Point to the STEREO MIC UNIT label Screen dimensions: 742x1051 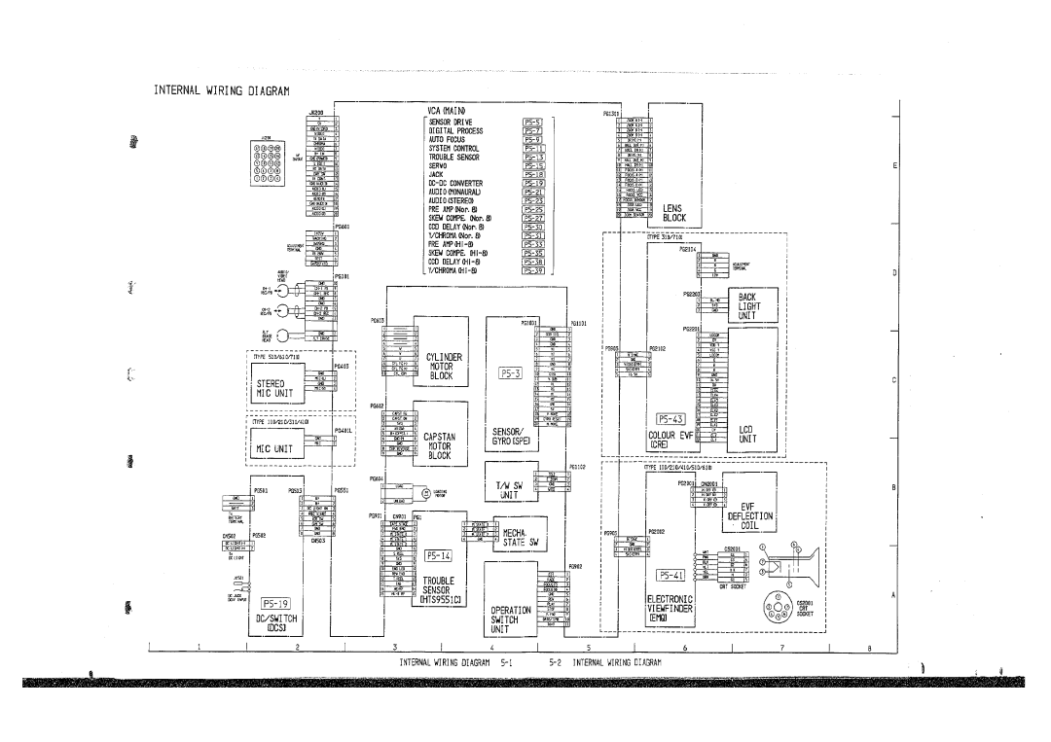pos(280,390)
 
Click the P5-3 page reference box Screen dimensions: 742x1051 pos(512,371)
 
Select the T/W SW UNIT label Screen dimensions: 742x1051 pos(513,489)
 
